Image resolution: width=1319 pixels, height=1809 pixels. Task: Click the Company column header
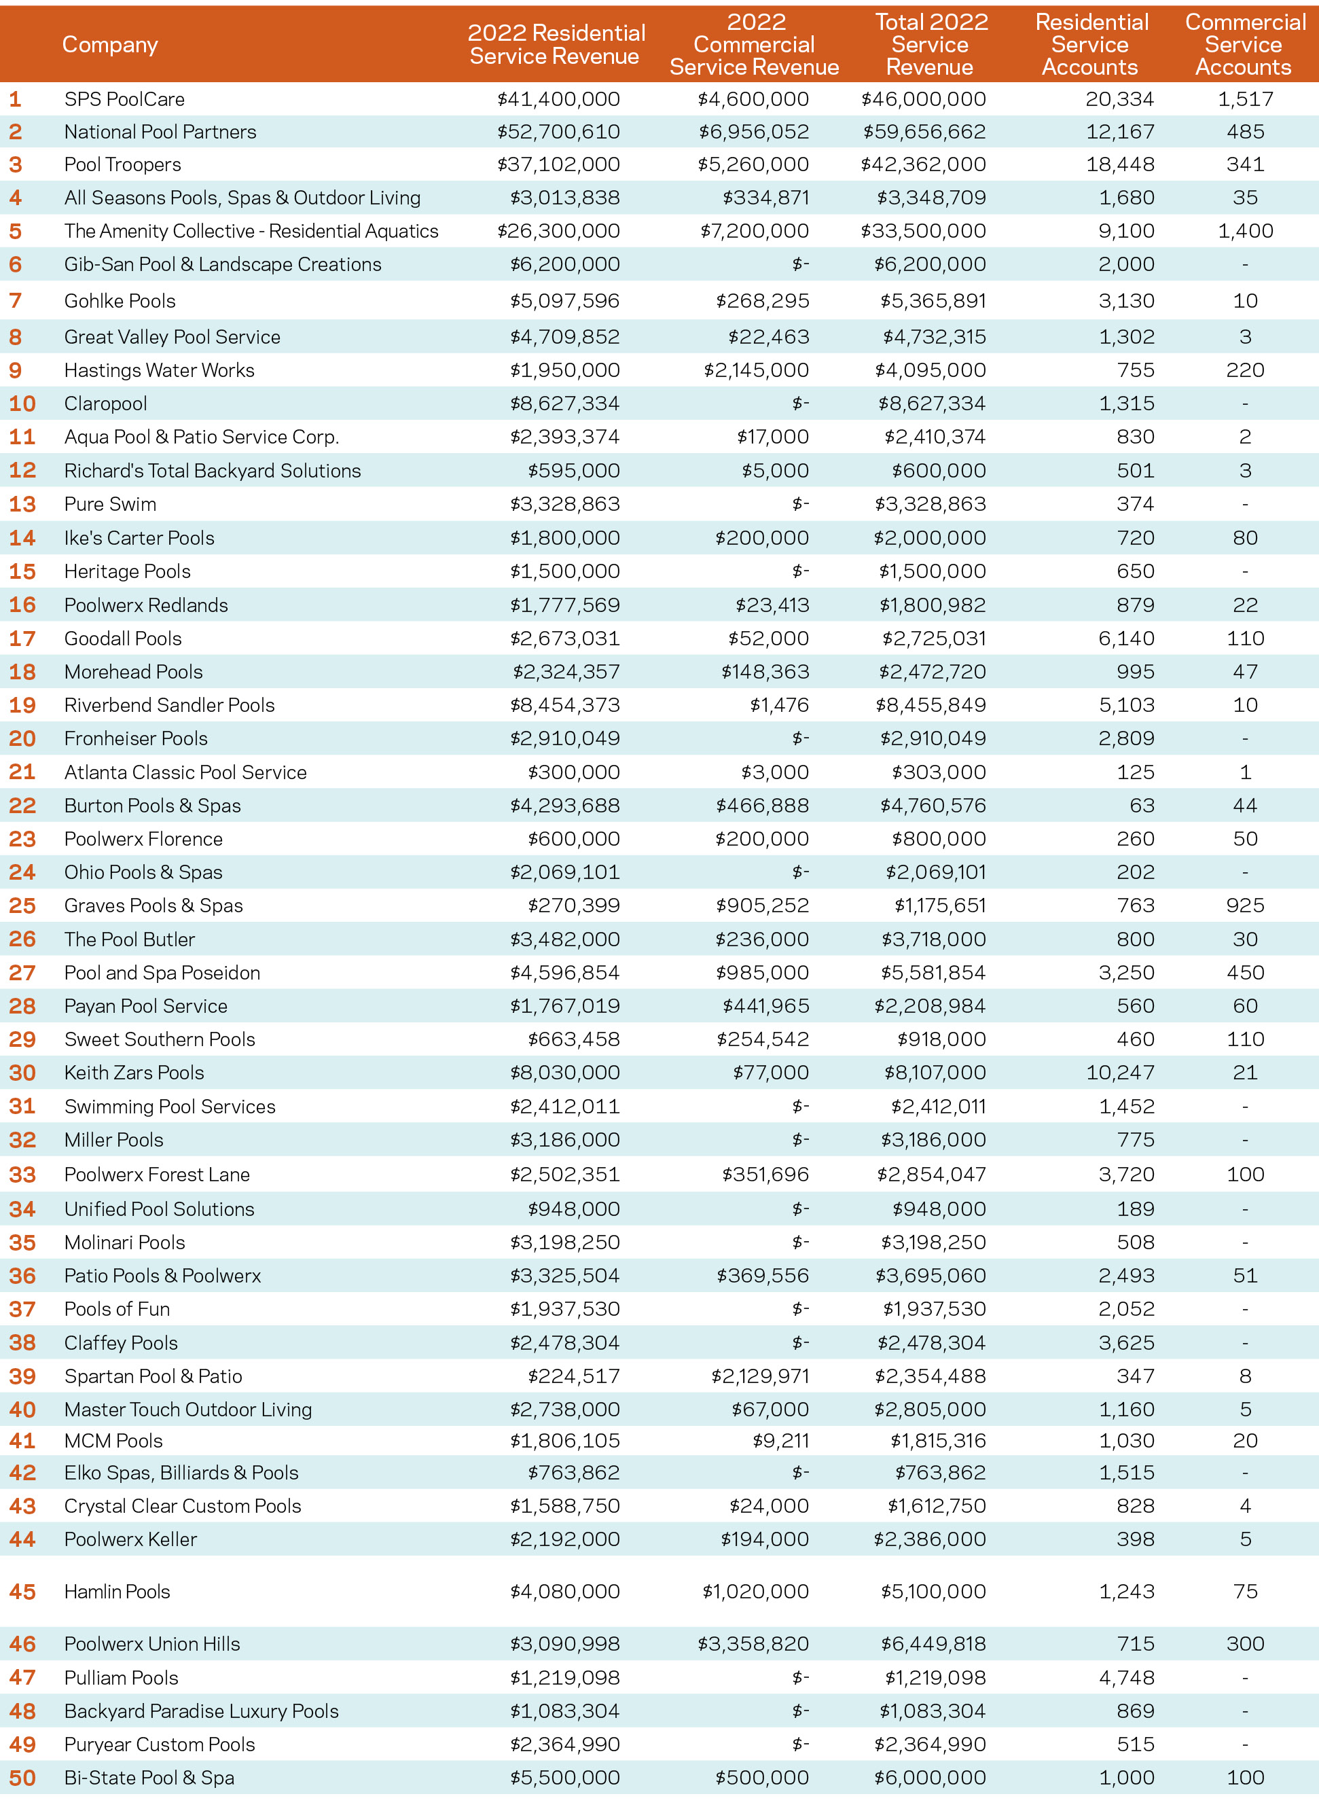pos(110,45)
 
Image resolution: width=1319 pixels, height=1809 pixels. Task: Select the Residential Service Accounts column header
pos(1091,45)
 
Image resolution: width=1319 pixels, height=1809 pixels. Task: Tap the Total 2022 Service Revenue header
pos(931,45)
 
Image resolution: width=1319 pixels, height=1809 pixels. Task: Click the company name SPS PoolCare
pos(124,99)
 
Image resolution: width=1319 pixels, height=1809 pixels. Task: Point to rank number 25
pos(22,906)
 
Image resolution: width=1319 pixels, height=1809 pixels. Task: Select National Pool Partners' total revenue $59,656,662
pos(924,132)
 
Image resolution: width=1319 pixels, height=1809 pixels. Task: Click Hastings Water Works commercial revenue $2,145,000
pos(756,370)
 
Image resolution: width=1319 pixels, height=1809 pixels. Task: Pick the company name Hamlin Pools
pos(118,1591)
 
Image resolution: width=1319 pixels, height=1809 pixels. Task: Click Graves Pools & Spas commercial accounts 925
pos(1245,906)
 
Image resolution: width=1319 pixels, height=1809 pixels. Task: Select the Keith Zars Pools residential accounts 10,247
pos(1120,1072)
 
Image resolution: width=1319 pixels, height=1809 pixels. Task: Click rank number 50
pos(22,1778)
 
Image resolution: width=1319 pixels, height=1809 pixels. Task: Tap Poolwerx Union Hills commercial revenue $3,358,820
pos(754,1644)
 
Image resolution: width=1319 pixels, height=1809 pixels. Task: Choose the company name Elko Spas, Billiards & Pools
pos(181,1472)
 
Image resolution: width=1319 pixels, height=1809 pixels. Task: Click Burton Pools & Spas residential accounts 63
pos(1142,806)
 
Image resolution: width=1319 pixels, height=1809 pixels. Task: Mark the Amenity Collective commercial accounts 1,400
pos(1245,232)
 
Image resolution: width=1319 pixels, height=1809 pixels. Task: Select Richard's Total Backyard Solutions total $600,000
pos(939,471)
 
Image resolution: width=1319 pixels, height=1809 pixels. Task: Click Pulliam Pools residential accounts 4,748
pos(1127,1677)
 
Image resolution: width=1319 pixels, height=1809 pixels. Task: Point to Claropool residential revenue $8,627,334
pos(564,404)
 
